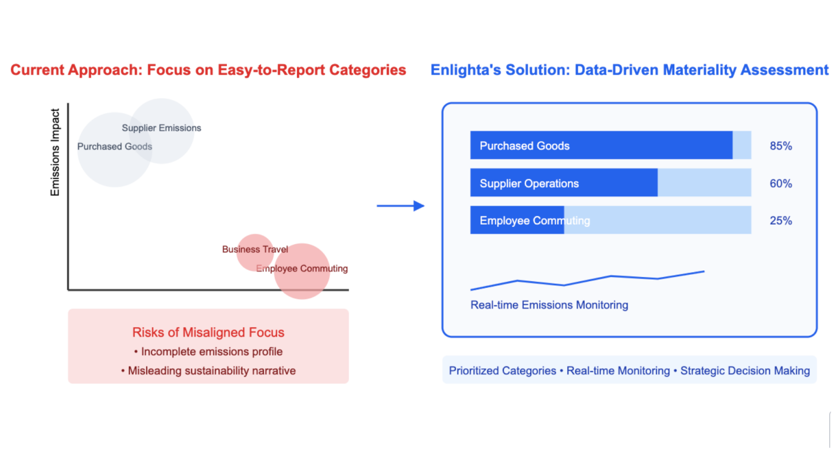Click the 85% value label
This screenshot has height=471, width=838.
tap(780, 146)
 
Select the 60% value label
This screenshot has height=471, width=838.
tap(780, 184)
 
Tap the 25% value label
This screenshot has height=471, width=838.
tap(780, 221)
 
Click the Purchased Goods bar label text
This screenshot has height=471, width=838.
tap(524, 146)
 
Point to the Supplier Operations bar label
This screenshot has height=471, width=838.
tap(529, 184)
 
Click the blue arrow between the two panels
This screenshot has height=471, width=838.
tap(400, 206)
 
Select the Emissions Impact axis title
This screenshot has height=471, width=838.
tap(55, 152)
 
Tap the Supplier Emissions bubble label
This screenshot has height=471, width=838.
tap(161, 128)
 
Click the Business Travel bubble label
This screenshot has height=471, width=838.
tap(255, 250)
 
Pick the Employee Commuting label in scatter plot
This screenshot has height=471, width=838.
tap(302, 269)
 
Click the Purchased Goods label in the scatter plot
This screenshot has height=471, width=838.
tap(115, 147)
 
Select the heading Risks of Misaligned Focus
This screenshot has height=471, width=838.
tap(208, 333)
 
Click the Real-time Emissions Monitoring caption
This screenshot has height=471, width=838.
tap(549, 305)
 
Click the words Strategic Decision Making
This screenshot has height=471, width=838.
tap(745, 371)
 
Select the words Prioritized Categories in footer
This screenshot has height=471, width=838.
tap(502, 371)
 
